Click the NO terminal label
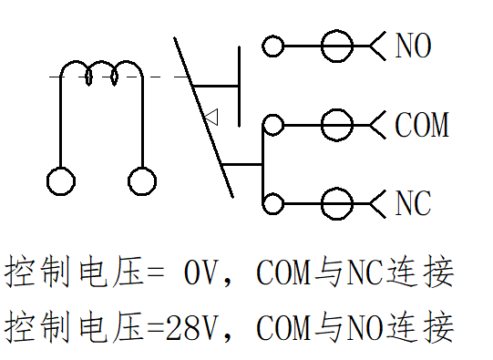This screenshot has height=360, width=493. pos(413,46)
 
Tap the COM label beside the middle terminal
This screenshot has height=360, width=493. pos(422,125)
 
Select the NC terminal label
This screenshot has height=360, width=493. pos(413,203)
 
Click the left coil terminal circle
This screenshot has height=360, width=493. pos(61,181)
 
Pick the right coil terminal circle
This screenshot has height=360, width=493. pos(142,181)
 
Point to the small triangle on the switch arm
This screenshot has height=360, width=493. pos(211,118)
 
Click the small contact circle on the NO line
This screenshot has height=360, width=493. pos(272,46)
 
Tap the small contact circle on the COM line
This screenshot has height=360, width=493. pos(272,125)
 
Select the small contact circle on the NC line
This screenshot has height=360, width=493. pos(272,203)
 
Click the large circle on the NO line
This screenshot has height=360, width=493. pos(337,46)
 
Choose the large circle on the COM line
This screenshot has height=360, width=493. pos(337,125)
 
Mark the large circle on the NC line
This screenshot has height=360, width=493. pos(337,203)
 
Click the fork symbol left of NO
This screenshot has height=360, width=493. pos(377,46)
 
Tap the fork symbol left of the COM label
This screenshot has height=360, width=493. pos(377,125)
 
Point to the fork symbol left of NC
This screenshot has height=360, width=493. pos(377,204)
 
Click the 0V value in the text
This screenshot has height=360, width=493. pos(200,273)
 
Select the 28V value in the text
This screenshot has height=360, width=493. pos(191,328)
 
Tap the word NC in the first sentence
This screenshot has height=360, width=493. pos(365,273)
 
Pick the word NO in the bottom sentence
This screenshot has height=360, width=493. pos(365,328)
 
